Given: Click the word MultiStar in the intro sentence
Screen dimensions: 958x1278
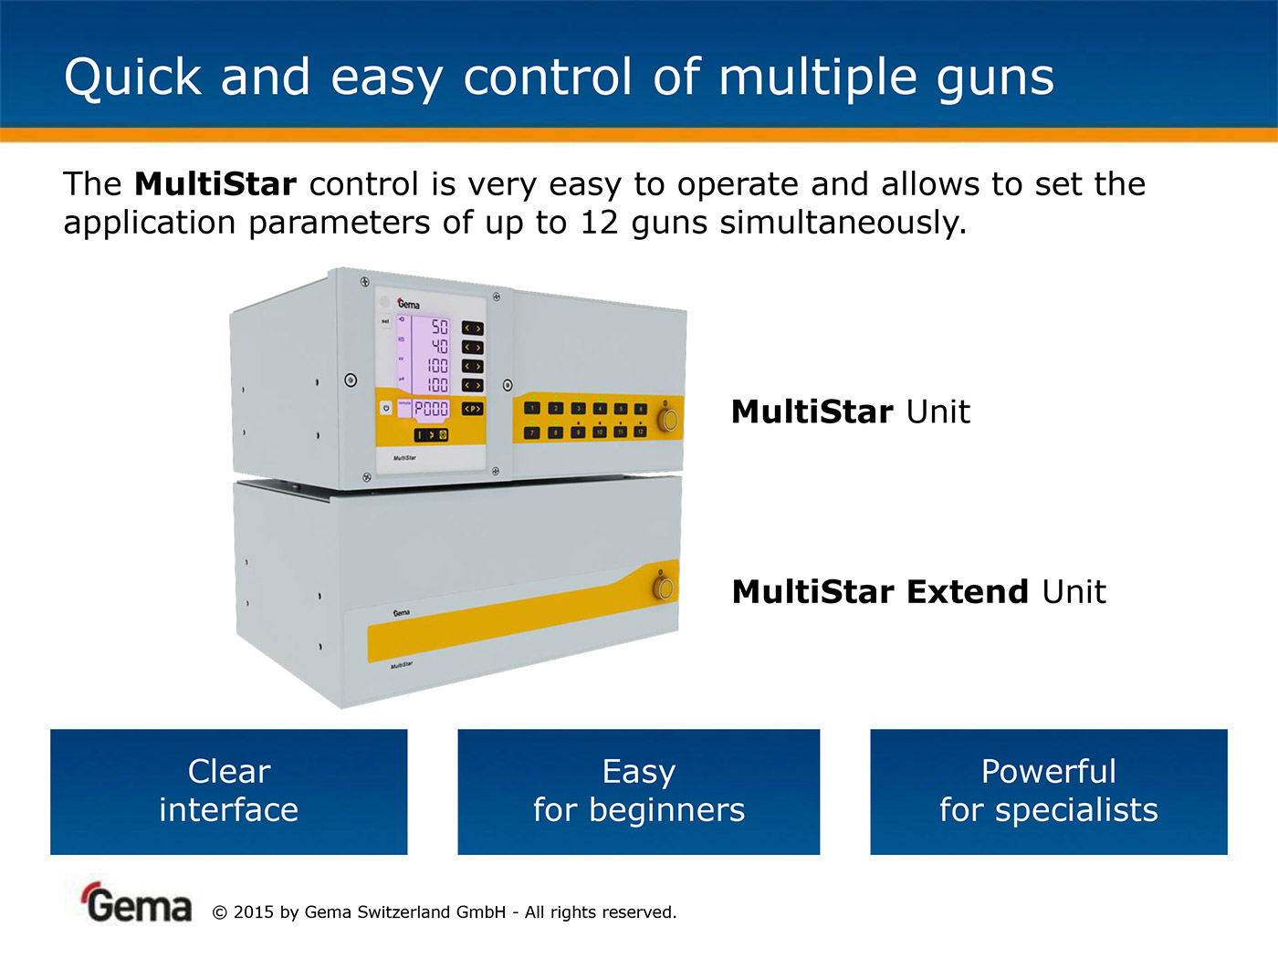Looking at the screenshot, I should (x=215, y=184).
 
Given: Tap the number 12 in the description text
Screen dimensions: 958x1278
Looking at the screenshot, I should (x=599, y=223).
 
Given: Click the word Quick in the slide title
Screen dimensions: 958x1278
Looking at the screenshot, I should (x=132, y=77).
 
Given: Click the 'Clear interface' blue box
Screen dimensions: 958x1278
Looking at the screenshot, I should (x=228, y=791).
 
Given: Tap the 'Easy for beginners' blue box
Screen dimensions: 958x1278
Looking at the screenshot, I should (x=638, y=791).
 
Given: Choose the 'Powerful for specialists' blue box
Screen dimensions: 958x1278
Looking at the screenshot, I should (x=1048, y=791).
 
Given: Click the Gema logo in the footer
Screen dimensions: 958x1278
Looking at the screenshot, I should (x=138, y=903).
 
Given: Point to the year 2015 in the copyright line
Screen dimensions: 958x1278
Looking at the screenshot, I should (x=253, y=912).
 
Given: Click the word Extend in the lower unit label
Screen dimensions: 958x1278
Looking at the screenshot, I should (x=968, y=592).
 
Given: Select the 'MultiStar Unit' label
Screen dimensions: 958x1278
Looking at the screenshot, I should (x=850, y=411).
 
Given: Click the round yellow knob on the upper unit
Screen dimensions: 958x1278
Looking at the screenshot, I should (x=668, y=419).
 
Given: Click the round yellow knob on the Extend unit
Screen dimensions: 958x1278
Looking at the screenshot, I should (x=664, y=587).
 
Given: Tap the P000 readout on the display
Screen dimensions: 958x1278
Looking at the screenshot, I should (x=431, y=409).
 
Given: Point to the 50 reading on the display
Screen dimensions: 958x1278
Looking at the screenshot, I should (x=439, y=327).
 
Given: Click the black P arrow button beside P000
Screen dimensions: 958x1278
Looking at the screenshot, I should (x=472, y=409).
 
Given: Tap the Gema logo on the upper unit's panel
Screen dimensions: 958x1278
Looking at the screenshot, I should (x=408, y=304).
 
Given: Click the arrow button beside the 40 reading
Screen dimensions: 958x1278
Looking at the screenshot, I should (x=472, y=347).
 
